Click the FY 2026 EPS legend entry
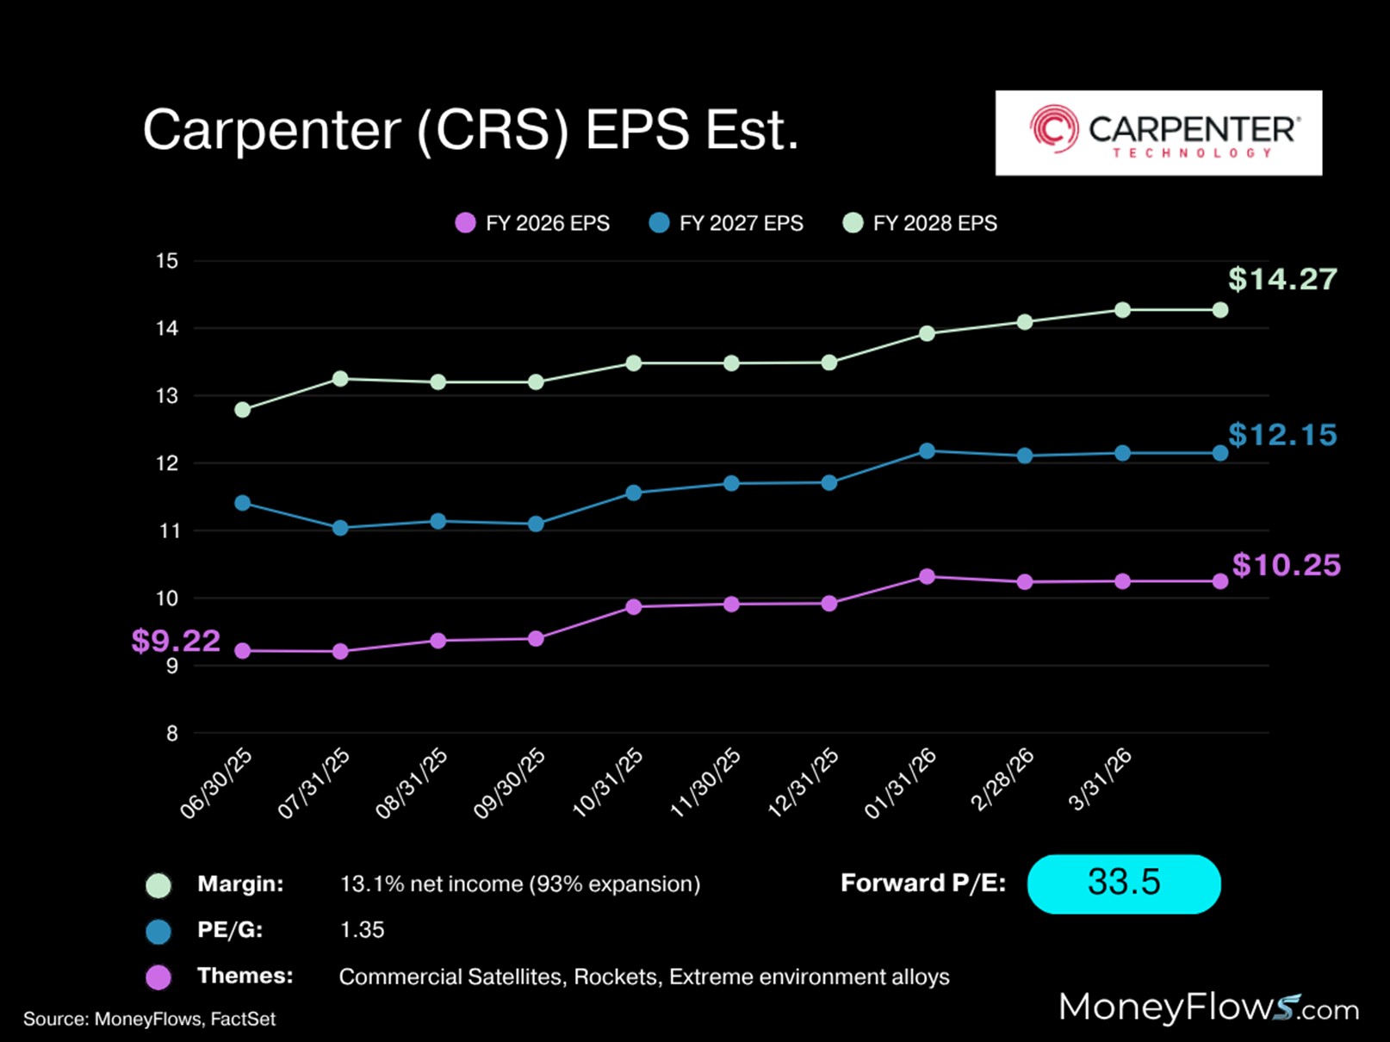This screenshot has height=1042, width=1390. pyautogui.click(x=532, y=224)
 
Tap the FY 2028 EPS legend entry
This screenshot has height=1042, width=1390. pyautogui.click(x=920, y=224)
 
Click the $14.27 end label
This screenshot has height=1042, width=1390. pyautogui.click(x=1282, y=279)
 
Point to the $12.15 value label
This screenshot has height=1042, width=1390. pyautogui.click(x=1282, y=435)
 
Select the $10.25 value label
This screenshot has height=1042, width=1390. pyautogui.click(x=1286, y=565)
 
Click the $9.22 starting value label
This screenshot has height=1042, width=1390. pyautogui.click(x=176, y=641)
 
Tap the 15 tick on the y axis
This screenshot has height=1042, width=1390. pyautogui.click(x=167, y=261)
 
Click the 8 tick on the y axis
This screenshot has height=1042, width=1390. pyautogui.click(x=172, y=733)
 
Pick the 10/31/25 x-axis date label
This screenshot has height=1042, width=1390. pyautogui.click(x=609, y=783)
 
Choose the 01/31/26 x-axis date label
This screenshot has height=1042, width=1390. pyautogui.click(x=901, y=783)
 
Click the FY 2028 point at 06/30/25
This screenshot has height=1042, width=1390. pyautogui.click(x=243, y=410)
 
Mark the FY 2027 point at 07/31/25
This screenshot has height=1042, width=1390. pyautogui.click(x=340, y=528)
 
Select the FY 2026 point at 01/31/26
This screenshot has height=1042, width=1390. pyautogui.click(x=927, y=577)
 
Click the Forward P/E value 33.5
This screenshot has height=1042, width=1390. pyautogui.click(x=1123, y=884)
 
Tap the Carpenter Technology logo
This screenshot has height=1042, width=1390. pyautogui.click(x=1158, y=133)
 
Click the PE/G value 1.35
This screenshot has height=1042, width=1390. pyautogui.click(x=363, y=930)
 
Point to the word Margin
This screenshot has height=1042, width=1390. pyautogui.click(x=240, y=884)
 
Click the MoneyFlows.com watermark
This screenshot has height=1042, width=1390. pyautogui.click(x=1208, y=1008)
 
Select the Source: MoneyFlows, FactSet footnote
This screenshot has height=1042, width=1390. pyautogui.click(x=150, y=1020)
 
